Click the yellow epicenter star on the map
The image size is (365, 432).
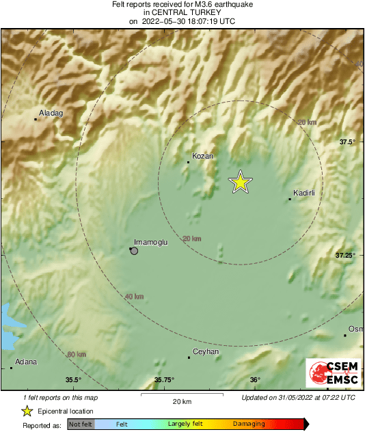click(240, 182)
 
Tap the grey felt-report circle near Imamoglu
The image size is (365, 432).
click(134, 251)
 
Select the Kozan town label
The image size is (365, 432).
click(203, 156)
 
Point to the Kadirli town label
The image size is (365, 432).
click(303, 193)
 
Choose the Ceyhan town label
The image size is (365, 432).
click(206, 351)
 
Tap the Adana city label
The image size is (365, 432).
click(26, 362)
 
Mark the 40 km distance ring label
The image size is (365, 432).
click(134, 296)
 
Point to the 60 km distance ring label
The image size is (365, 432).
click(77, 354)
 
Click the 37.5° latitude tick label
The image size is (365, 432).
click(348, 142)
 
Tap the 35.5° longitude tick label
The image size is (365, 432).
click(73, 380)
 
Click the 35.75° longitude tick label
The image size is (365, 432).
click(163, 380)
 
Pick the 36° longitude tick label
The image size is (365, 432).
click(254, 380)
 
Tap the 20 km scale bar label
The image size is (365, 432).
click(180, 401)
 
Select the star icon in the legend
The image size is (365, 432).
click(27, 411)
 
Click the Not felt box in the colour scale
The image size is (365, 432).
click(81, 424)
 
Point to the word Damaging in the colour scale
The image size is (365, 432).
click(249, 424)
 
